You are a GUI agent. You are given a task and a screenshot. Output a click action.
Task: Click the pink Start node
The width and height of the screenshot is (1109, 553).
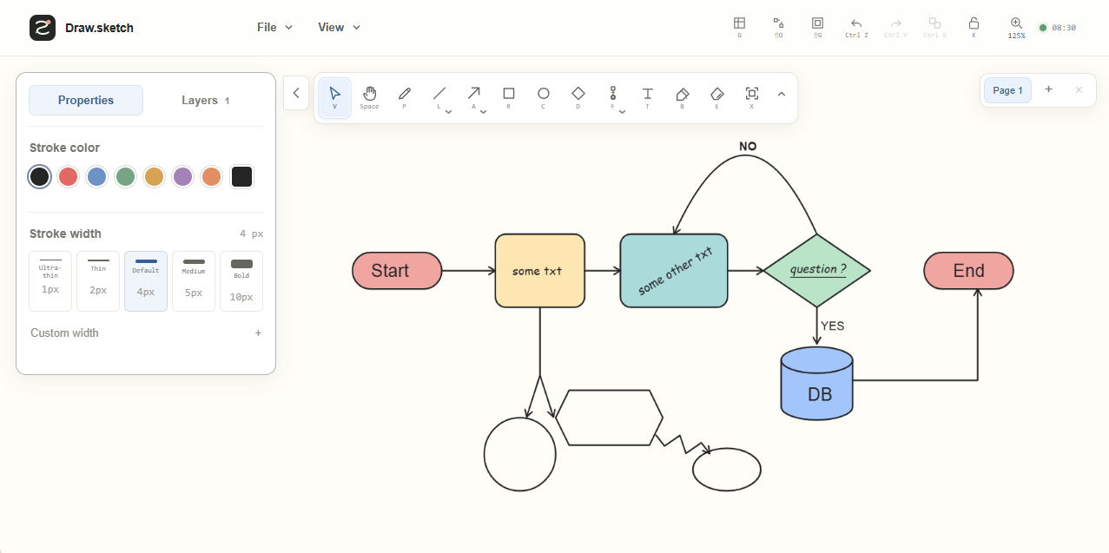(x=397, y=271)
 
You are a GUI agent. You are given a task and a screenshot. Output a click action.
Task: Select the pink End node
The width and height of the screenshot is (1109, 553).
(x=968, y=271)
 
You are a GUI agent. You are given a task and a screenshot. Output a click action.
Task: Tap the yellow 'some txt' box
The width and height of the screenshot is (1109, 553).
(x=539, y=271)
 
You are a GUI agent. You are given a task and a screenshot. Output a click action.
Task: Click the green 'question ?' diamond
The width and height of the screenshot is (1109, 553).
(x=817, y=270)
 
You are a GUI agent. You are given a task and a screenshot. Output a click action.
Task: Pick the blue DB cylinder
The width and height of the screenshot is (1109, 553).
(x=817, y=384)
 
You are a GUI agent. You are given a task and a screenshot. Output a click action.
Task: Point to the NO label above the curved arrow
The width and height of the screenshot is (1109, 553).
(x=748, y=146)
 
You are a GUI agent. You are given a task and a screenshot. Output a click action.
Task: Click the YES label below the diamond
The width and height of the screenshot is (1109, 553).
(x=832, y=326)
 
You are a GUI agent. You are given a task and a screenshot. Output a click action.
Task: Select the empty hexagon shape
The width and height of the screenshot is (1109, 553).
(x=609, y=418)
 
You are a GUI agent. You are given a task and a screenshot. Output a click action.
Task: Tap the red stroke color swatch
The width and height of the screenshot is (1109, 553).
(x=68, y=177)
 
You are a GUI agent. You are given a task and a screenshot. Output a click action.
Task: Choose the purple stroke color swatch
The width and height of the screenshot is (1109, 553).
(x=182, y=177)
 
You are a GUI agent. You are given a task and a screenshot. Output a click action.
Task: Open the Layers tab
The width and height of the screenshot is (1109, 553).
(x=205, y=100)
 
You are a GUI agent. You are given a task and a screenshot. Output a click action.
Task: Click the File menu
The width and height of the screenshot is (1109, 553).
(x=274, y=27)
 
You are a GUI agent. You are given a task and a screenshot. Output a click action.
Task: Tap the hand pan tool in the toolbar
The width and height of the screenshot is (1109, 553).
(x=369, y=97)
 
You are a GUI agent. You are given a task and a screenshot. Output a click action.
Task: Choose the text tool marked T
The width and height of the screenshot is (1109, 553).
(x=647, y=97)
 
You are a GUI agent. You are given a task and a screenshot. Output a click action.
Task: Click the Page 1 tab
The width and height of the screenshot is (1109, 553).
(x=1007, y=90)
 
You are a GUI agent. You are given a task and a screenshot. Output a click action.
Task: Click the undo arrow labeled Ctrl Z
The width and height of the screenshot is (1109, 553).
(x=856, y=28)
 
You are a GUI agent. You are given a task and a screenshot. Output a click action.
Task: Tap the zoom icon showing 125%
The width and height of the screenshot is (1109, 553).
(x=1016, y=28)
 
